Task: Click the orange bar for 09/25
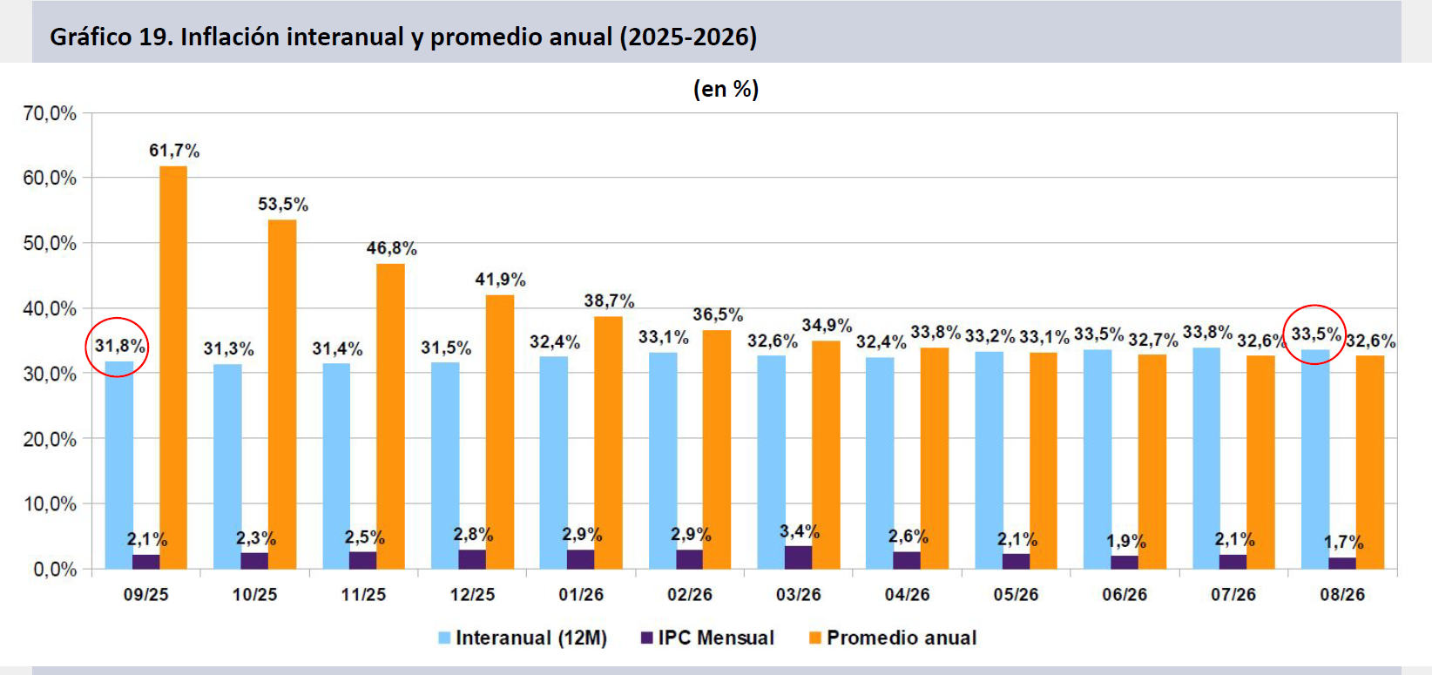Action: pyautogui.click(x=173, y=368)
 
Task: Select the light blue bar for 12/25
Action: pyautogui.click(x=445, y=465)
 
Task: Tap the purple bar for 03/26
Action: pyautogui.click(x=798, y=557)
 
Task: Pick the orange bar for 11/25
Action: pyautogui.click(x=390, y=416)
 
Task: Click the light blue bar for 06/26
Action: pyautogui.click(x=1098, y=459)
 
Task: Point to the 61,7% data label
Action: pyautogui.click(x=174, y=151)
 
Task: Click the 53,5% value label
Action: pyautogui.click(x=283, y=205)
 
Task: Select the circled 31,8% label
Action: pyautogui.click(x=120, y=347)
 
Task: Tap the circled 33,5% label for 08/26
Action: pyautogui.click(x=1316, y=334)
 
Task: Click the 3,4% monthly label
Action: pyautogui.click(x=799, y=531)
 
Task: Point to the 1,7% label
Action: pyautogui.click(x=1343, y=543)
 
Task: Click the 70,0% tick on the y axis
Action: pyautogui.click(x=50, y=114)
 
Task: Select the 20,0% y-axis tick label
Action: pyautogui.click(x=50, y=440)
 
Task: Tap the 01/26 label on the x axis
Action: pyautogui.click(x=581, y=595)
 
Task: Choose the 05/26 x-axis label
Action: pyautogui.click(x=1016, y=595)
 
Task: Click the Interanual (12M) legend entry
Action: pyautogui.click(x=523, y=638)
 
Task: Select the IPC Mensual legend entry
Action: pyautogui.click(x=707, y=638)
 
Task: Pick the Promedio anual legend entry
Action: pyautogui.click(x=893, y=638)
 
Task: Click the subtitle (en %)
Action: pyautogui.click(x=726, y=89)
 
